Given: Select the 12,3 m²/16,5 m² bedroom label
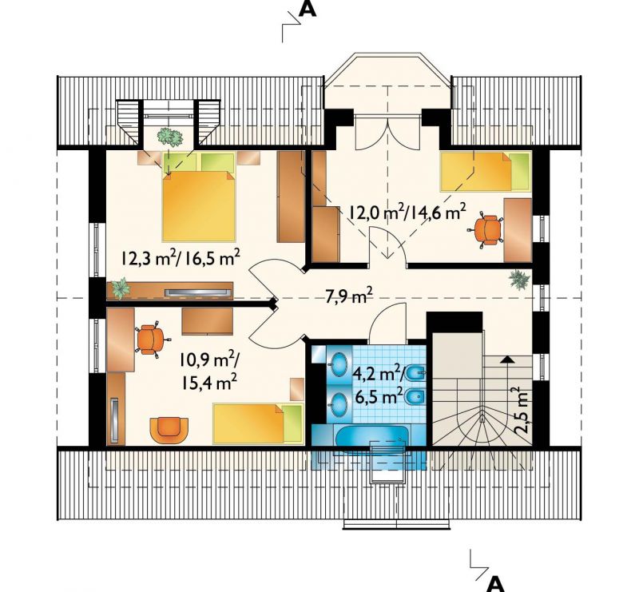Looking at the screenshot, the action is pos(180,258).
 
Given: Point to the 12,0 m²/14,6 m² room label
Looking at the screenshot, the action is pos(407,212).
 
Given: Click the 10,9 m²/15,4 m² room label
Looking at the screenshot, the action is pos(208,371).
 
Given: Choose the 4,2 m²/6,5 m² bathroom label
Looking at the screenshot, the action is pos(379,385).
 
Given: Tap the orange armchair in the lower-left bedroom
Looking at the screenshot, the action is pos(169,430).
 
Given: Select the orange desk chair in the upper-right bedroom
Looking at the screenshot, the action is pos(486,229).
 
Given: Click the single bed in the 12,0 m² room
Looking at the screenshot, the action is pos(486,171).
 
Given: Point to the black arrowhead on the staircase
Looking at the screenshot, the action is pos(507,360).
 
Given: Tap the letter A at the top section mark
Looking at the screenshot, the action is pos(308,9).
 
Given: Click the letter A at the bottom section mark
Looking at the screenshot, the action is pos(495,583).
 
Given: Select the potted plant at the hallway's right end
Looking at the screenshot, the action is pos(519,280).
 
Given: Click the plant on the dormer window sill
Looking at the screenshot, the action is pos(170,137).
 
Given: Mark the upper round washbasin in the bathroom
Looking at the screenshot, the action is pos(338,364).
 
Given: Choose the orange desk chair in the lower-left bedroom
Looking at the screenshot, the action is pos(150,340).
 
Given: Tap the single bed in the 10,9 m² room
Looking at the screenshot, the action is pos(258,423).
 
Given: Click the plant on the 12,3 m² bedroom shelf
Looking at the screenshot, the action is pos(121,288).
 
